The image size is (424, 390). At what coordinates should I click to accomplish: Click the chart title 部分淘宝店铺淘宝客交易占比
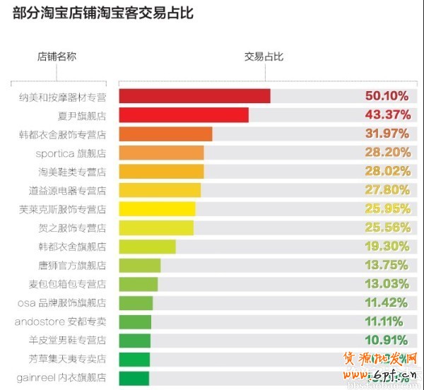tap(103, 13)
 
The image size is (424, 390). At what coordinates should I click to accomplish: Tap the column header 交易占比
tap(264, 57)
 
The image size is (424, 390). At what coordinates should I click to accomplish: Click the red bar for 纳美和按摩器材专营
tap(194, 96)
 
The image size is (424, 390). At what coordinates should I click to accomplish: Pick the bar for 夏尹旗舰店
tap(184, 115)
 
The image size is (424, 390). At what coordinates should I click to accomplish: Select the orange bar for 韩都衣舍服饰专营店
tap(165, 134)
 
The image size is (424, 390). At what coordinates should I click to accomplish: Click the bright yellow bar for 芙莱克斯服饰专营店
tap(157, 209)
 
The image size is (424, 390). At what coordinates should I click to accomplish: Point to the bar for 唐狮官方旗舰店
tap(140, 266)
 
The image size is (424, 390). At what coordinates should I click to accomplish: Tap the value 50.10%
tap(387, 96)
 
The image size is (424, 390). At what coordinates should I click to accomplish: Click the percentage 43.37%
tap(387, 115)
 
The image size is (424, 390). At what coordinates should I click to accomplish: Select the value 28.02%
tap(387, 172)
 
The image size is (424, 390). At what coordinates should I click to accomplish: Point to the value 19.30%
tap(387, 247)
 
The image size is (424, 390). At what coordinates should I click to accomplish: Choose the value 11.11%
tap(387, 321)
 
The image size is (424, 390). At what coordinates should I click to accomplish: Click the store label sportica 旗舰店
tap(71, 153)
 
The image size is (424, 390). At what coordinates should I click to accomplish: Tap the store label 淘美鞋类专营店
tap(72, 172)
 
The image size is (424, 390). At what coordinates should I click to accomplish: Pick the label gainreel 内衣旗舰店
tap(61, 378)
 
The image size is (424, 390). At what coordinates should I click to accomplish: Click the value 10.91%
tap(387, 341)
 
